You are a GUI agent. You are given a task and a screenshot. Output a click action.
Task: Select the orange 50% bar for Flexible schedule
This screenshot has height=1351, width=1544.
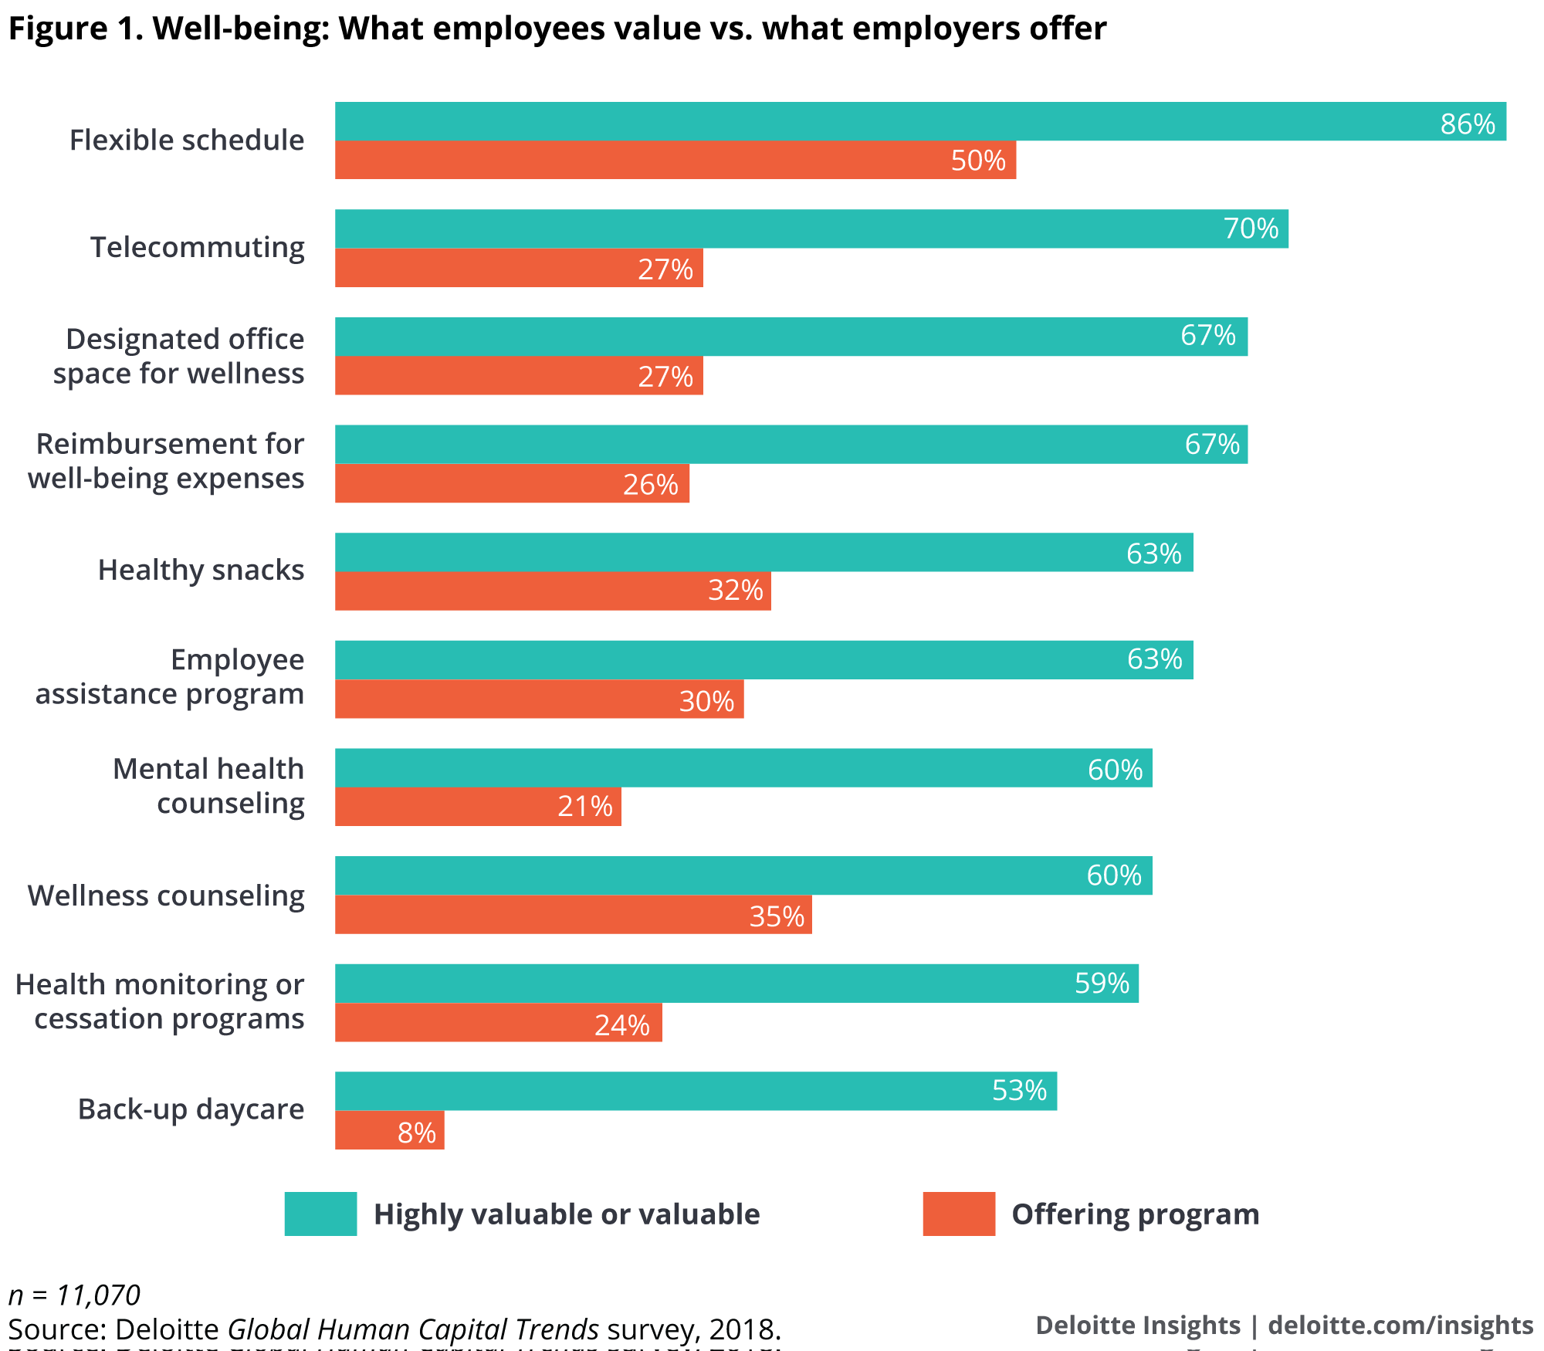pyautogui.click(x=675, y=160)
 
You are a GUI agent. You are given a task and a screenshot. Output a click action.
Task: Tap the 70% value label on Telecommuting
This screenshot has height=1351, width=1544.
pyautogui.click(x=1251, y=229)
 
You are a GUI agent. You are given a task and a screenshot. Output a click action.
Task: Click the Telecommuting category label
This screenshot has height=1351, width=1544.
pyautogui.click(x=198, y=248)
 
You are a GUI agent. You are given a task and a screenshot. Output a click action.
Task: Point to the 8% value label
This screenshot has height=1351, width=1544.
pyautogui.click(x=417, y=1133)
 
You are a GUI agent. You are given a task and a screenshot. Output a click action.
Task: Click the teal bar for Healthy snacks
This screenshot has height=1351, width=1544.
pyautogui.click(x=764, y=552)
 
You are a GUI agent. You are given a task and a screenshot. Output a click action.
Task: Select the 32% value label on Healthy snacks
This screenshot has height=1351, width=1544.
pyautogui.click(x=735, y=591)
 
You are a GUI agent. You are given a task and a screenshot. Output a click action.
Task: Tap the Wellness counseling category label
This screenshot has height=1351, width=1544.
pyautogui.click(x=166, y=896)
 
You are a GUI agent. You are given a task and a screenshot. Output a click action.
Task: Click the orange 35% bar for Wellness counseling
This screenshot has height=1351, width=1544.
pyautogui.click(x=573, y=915)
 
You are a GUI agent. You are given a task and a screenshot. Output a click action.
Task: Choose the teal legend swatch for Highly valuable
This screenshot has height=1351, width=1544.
pyautogui.click(x=320, y=1214)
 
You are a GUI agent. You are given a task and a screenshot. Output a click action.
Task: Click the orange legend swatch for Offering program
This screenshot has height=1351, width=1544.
pyautogui.click(x=959, y=1214)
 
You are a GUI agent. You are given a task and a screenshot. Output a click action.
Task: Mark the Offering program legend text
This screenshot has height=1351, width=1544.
pyautogui.click(x=1135, y=1214)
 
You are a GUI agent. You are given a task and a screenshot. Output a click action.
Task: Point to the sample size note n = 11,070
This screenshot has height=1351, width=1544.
pyautogui.click(x=74, y=1295)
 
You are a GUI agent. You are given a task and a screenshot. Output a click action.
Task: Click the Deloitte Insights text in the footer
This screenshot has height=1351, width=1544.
pyautogui.click(x=1138, y=1325)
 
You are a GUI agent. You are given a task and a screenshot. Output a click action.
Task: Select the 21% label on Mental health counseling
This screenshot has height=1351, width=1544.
pyautogui.click(x=584, y=807)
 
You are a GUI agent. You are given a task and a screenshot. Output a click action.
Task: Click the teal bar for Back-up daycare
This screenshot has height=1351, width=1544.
pyautogui.click(x=695, y=1091)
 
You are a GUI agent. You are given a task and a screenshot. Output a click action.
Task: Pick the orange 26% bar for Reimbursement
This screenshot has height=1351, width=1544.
pyautogui.click(x=512, y=483)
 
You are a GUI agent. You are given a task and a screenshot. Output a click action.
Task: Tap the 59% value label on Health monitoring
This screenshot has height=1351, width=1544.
pyautogui.click(x=1102, y=983)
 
